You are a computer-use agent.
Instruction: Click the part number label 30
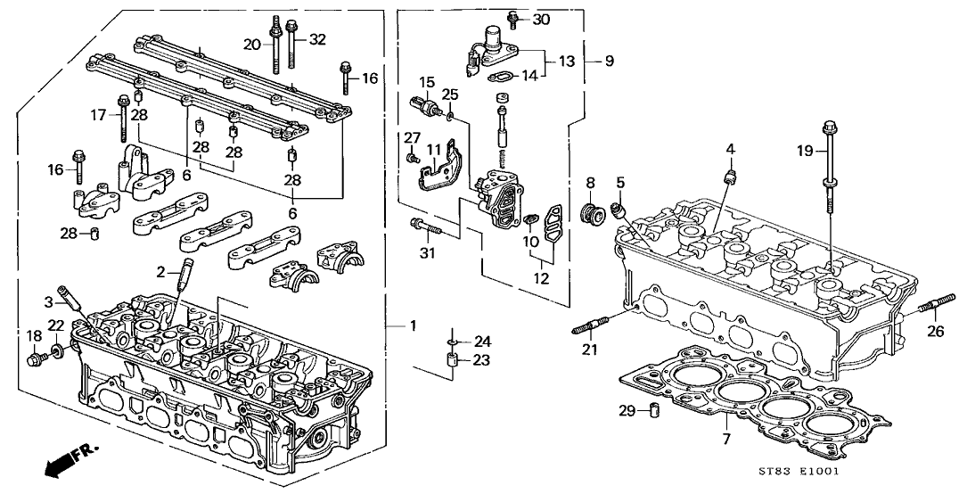point(541,20)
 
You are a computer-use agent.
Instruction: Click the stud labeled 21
point(592,325)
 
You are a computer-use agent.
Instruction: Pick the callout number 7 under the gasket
point(725,440)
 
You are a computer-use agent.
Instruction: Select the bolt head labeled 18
point(35,358)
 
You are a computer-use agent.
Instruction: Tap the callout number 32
point(317,40)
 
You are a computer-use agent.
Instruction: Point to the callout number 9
point(610,61)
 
